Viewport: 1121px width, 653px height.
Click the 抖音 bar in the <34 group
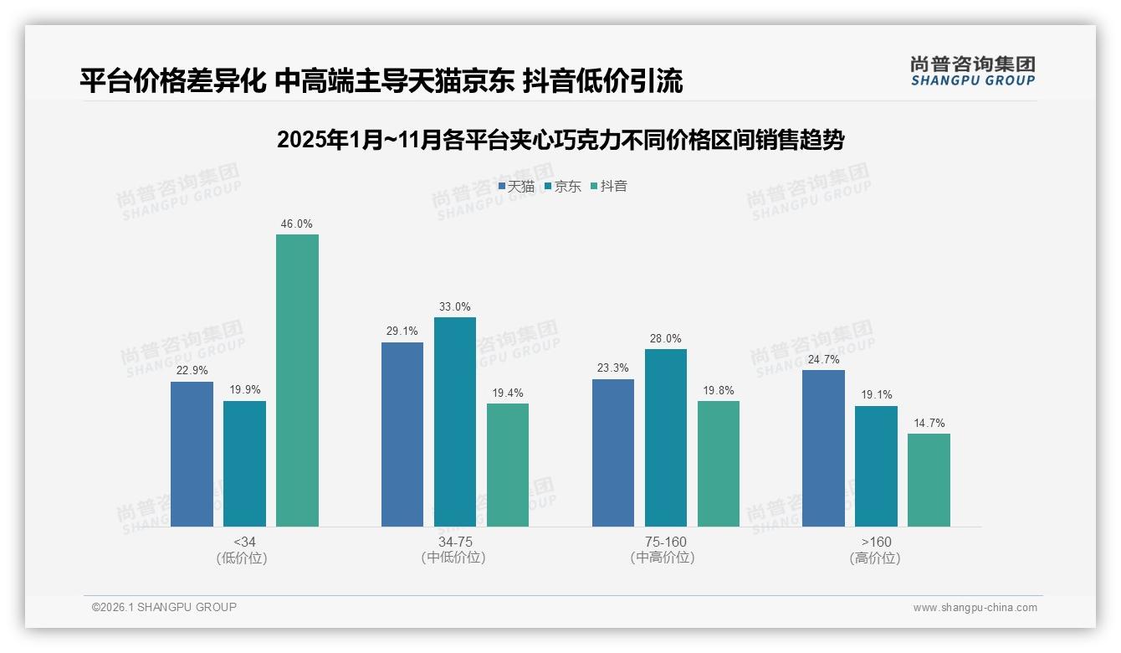(297, 380)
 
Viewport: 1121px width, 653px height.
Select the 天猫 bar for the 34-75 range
(402, 434)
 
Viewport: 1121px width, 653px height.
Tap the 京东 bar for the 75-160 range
(666, 438)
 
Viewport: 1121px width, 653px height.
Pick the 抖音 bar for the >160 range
(929, 480)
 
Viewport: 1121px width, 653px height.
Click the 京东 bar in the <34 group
(244, 464)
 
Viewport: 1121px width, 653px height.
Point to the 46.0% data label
(297, 224)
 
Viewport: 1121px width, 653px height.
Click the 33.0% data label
(455, 307)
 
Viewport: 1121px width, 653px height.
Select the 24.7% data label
(823, 360)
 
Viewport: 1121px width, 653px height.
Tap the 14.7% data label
(929, 424)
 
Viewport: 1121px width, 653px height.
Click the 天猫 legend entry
(516, 187)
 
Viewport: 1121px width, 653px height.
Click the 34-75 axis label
(455, 542)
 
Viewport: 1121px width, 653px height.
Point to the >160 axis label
(875, 542)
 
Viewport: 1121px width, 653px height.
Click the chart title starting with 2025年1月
(560, 140)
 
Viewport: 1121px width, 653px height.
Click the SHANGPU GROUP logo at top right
(972, 71)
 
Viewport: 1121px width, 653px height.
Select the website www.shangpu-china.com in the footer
(975, 607)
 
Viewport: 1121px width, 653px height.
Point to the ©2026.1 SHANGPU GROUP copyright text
(164, 607)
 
